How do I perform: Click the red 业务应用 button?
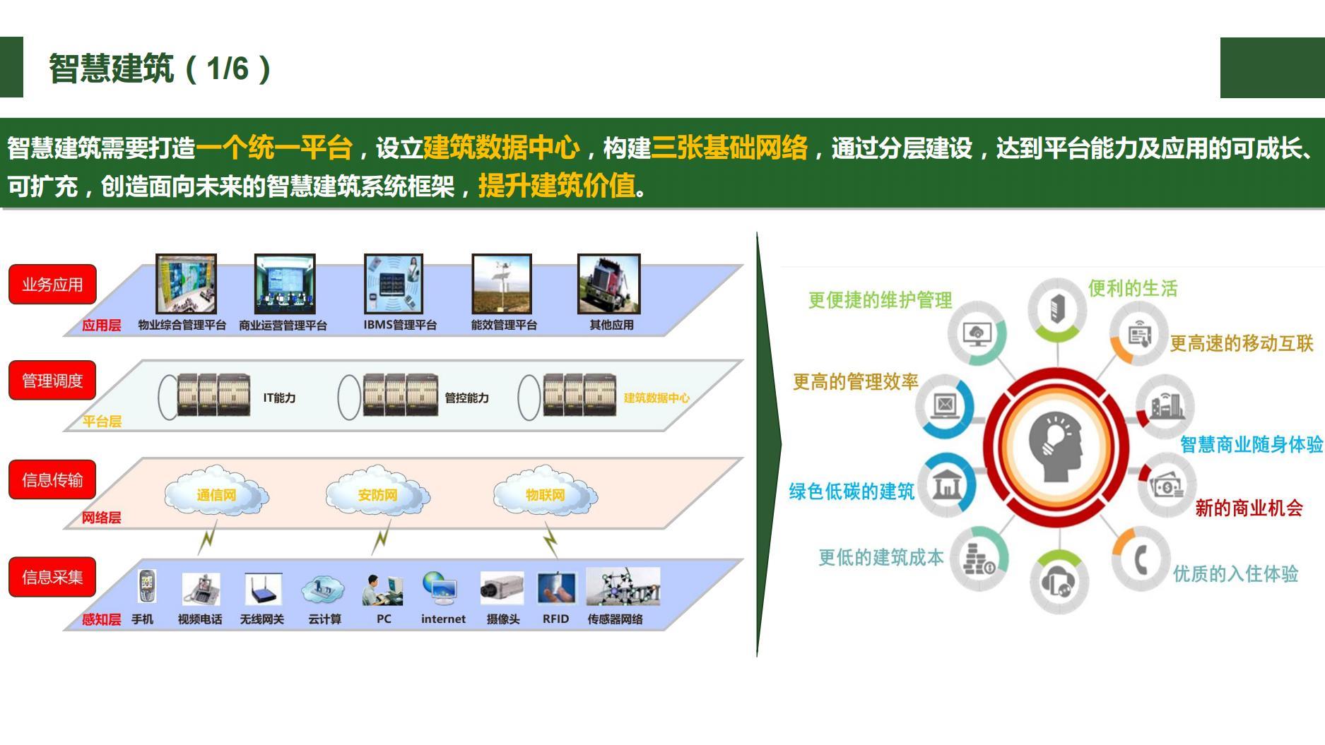point(52,284)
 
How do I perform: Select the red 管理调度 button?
point(52,381)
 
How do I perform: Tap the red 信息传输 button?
point(52,480)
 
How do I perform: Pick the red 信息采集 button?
point(52,577)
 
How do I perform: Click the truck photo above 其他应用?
point(608,284)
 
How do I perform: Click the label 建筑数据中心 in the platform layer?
point(656,398)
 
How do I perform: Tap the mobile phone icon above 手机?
point(146,587)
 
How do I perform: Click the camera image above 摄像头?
point(502,588)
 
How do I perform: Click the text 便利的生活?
point(1132,288)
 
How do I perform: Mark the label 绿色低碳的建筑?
point(851,491)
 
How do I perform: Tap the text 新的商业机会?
point(1248,507)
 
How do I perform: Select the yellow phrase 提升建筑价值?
point(556,186)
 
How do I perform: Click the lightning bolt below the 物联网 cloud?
point(551,542)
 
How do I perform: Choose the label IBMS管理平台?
point(400,325)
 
